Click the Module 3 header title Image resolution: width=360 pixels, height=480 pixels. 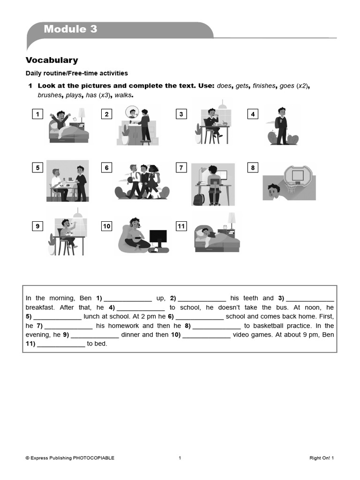(70, 29)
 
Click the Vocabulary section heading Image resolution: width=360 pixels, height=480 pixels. (52, 60)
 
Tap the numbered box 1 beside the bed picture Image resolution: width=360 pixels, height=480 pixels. (37, 114)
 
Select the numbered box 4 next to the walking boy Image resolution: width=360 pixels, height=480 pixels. (253, 114)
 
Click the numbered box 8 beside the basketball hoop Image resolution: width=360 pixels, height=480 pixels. (253, 167)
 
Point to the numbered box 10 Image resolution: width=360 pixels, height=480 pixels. (107, 226)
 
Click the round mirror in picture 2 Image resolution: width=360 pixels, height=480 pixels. (132, 112)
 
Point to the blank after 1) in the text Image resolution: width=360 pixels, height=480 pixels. (127, 298)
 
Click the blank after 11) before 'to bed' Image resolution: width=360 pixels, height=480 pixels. (61, 344)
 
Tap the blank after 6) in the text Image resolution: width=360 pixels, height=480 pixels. (200, 316)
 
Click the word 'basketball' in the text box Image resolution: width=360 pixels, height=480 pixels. (269, 325)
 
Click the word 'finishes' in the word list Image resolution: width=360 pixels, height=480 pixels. (264, 86)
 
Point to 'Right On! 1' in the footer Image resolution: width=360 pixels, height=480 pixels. (322, 458)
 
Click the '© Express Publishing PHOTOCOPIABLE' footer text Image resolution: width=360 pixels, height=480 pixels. (70, 458)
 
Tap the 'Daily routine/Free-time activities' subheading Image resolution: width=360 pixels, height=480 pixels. (76, 73)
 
